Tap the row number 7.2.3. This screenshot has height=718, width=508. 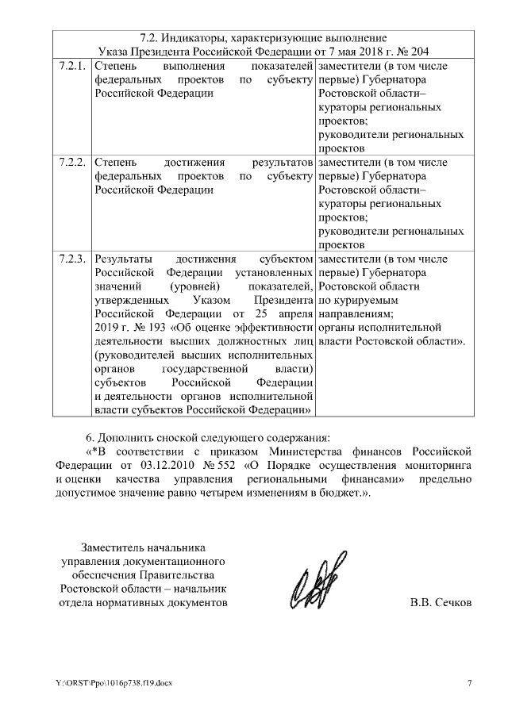point(72,259)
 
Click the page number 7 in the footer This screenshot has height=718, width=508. point(470,684)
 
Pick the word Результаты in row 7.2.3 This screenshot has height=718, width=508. point(121,259)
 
